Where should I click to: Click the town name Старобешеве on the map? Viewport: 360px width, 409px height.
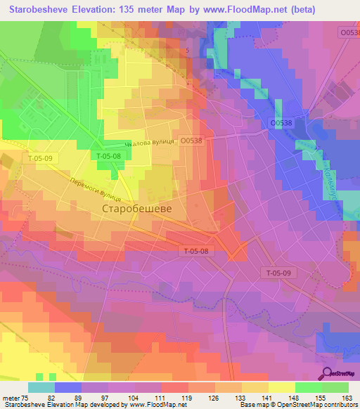(137, 209)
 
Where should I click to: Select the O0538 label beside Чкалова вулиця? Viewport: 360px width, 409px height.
(191, 141)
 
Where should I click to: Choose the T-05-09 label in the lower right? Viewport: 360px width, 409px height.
(278, 272)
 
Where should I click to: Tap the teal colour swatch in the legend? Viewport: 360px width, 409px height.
(41, 387)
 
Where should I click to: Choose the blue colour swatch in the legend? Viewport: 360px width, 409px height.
(68, 387)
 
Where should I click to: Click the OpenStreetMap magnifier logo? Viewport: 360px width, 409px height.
(328, 373)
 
